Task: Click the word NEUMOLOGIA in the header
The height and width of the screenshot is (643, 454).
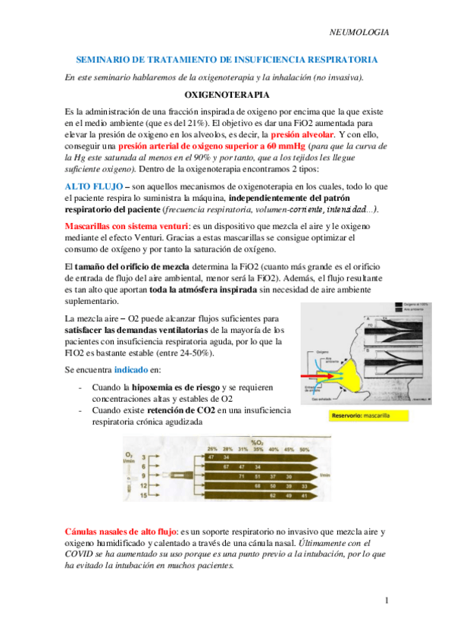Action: (x=361, y=33)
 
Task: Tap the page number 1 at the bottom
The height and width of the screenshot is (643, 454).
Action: (x=386, y=601)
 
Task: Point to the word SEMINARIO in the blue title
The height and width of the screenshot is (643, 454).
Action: (x=105, y=59)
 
